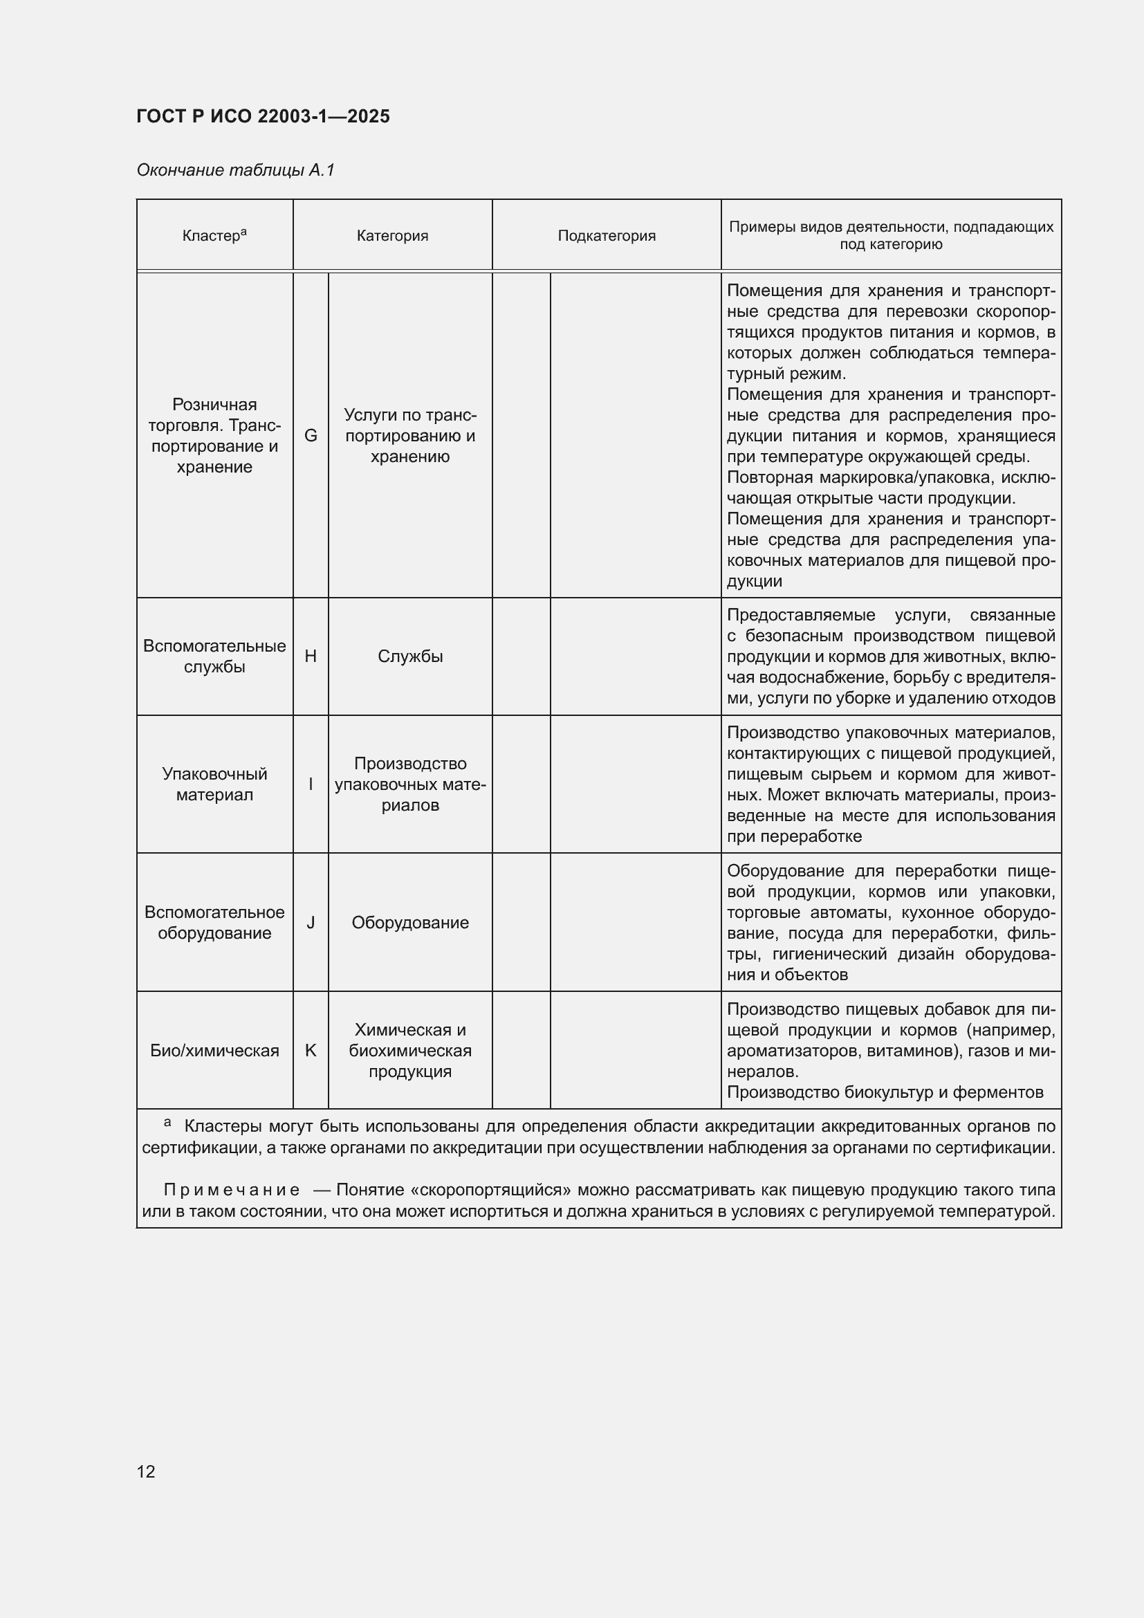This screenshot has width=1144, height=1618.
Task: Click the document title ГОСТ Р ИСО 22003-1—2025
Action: click(x=263, y=117)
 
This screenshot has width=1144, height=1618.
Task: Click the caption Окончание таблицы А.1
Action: click(x=235, y=171)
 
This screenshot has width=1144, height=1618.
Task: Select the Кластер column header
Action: click(x=214, y=235)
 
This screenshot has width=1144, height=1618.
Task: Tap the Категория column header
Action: click(x=392, y=235)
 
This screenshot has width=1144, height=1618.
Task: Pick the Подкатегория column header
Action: click(x=607, y=235)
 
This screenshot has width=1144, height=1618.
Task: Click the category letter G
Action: click(x=311, y=436)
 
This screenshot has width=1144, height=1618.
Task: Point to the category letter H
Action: click(x=311, y=656)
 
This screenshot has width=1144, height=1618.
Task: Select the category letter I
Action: click(x=311, y=784)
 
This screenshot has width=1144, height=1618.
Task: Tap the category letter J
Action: click(x=311, y=923)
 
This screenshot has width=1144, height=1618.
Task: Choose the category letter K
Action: click(x=311, y=1050)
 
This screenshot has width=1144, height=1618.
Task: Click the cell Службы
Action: click(x=410, y=656)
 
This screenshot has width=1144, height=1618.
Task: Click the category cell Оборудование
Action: click(x=410, y=923)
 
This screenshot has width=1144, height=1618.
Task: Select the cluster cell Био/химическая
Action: click(x=214, y=1050)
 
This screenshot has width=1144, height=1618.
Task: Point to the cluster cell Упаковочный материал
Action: click(x=214, y=784)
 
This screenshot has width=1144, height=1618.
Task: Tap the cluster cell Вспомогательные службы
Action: click(x=214, y=656)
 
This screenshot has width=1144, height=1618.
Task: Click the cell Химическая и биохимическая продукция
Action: click(x=410, y=1050)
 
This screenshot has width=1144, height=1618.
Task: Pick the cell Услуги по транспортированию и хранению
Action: click(x=410, y=436)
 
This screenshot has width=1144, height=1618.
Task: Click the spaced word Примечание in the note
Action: click(x=232, y=1190)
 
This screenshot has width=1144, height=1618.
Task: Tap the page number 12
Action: click(x=146, y=1471)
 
